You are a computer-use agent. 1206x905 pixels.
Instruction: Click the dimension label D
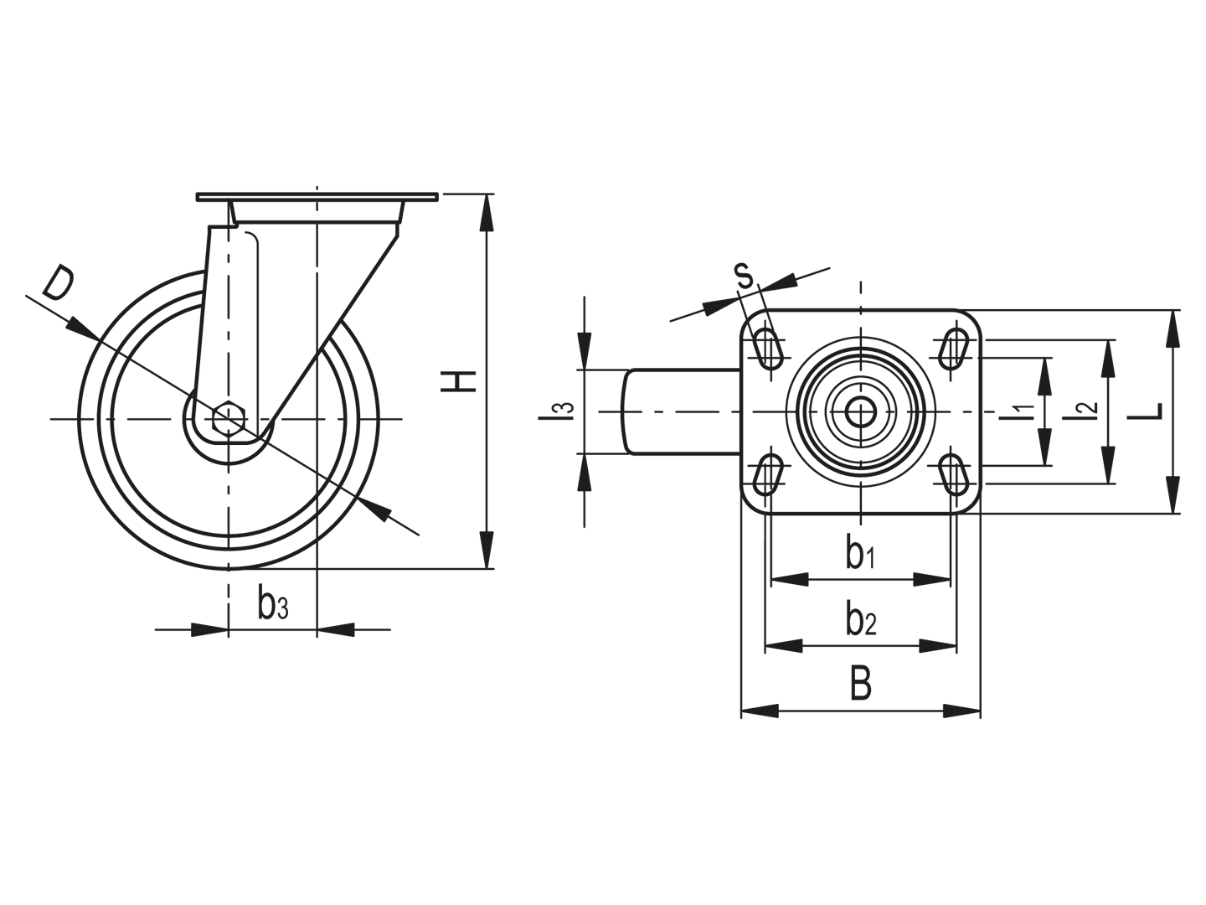pos(59,283)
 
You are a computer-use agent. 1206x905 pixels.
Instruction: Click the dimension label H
pos(458,381)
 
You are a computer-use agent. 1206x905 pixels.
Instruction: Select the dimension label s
pos(745,276)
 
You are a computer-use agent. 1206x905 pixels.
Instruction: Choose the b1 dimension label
pos(860,554)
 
